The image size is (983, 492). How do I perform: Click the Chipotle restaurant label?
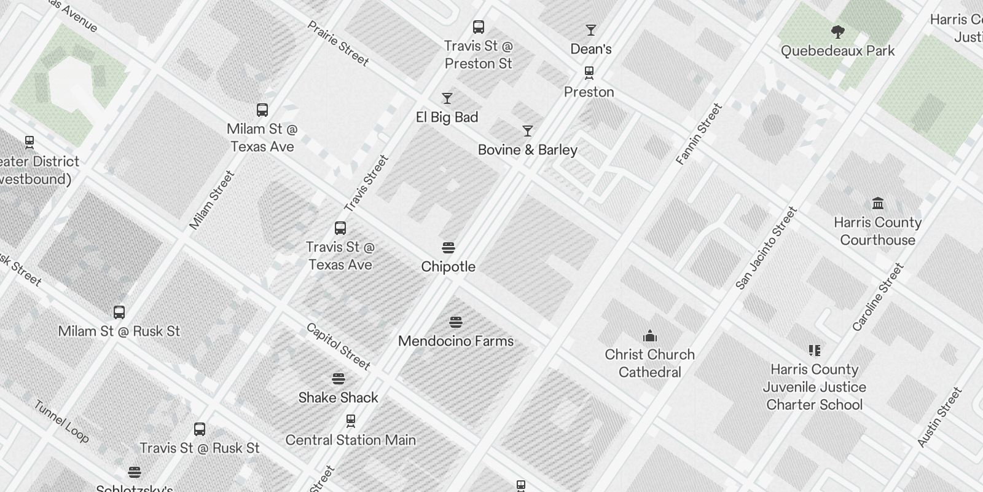448,266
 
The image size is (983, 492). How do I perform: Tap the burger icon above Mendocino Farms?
455,322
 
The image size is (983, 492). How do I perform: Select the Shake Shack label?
338,397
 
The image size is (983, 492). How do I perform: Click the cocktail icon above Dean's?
590,30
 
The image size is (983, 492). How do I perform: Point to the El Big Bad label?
447,117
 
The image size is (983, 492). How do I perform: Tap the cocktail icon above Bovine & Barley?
527,131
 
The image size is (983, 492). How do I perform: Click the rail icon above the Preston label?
589,73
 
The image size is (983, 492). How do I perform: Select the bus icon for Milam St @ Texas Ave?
262,110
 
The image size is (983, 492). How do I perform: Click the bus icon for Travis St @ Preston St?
478,27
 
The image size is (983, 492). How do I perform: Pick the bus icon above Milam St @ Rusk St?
119,312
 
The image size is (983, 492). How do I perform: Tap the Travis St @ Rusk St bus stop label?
200,448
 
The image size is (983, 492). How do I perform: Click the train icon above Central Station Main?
350,421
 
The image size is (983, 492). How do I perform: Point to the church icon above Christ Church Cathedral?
649,336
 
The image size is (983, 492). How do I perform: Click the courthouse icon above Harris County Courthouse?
877,204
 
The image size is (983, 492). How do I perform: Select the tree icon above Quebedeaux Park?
837,32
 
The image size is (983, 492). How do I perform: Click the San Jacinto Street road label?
766,248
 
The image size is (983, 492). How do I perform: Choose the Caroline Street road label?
878,297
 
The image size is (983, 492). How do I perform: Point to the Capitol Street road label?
339,346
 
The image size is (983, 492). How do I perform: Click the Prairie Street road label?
339,44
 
